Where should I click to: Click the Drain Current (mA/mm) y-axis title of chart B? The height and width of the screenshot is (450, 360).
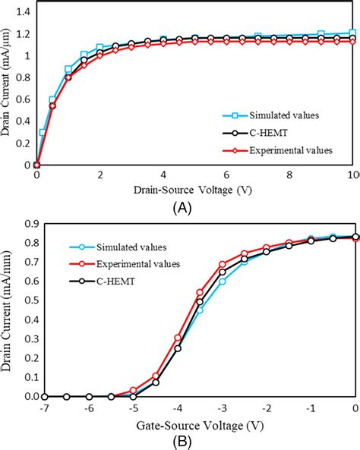(x=8, y=310)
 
